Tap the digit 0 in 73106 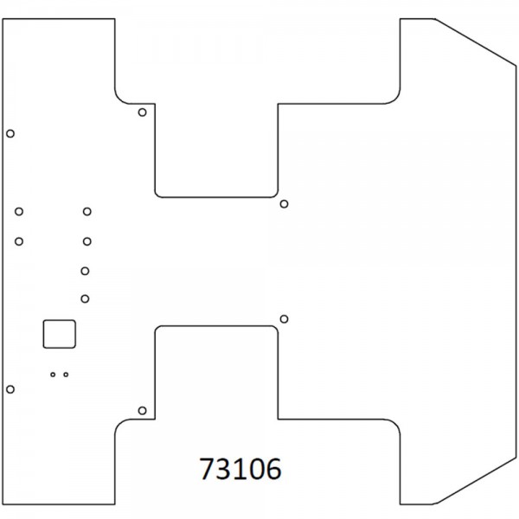point(257,469)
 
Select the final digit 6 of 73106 point(273,469)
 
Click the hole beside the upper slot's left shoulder point(143,109)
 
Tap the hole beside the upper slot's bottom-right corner point(284,200)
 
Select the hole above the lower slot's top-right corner point(284,315)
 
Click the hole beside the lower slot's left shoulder point(143,407)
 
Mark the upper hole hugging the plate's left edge point(10,130)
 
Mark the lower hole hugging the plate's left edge point(10,385)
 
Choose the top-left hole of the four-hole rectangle point(19,208)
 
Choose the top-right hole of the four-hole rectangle point(87,208)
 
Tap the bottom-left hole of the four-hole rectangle point(19,238)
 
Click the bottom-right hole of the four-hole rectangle point(87,238)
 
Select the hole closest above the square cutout point(85,295)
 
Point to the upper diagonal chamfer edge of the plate point(476,42)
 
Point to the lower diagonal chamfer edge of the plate point(476,481)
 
